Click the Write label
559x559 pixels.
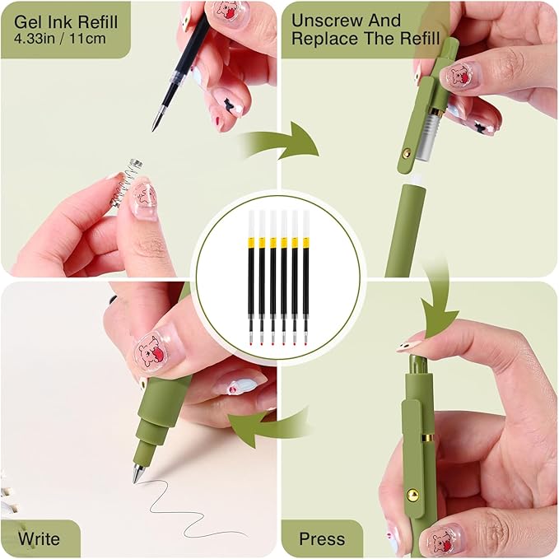[x=40, y=539]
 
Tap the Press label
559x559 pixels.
[x=322, y=539]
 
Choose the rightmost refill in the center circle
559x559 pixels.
[x=305, y=276]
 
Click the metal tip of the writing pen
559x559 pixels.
[x=137, y=473]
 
